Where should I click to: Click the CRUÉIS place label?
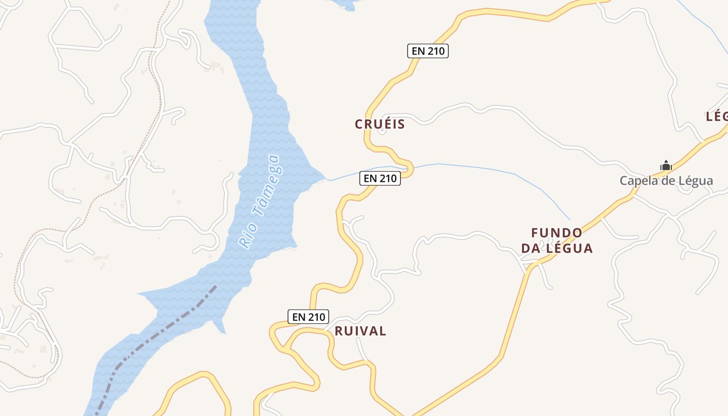tap(380, 124)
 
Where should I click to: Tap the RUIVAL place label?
tap(360, 331)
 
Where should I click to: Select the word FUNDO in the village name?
tap(556, 232)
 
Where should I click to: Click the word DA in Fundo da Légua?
tap(532, 249)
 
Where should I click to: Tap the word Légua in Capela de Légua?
tap(695, 181)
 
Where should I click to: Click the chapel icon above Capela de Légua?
tap(666, 166)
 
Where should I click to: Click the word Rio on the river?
tap(244, 236)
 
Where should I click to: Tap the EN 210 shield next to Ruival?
tap(308, 317)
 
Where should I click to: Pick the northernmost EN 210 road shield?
tap(427, 51)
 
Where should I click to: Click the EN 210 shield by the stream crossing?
tap(380, 178)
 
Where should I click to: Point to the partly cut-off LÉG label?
tap(717, 116)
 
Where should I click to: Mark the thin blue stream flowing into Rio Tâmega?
tap(468, 166)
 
